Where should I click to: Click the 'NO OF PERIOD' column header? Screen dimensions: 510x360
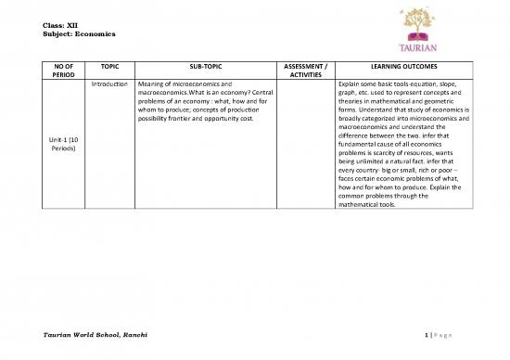click(63, 72)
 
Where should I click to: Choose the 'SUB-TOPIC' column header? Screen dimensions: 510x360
click(205, 68)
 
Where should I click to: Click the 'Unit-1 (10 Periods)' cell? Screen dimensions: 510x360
click(63, 146)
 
